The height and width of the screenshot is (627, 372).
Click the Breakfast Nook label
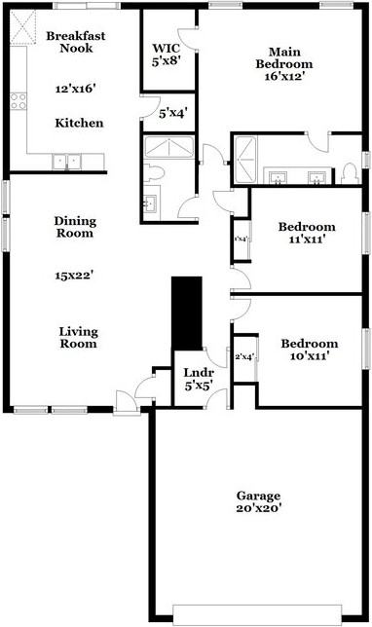(x=75, y=42)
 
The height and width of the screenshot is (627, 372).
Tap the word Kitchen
(x=79, y=124)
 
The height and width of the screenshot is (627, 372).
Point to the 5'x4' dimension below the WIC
(x=172, y=114)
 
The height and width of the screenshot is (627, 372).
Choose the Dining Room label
(x=74, y=227)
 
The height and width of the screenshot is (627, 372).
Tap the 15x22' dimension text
(x=74, y=275)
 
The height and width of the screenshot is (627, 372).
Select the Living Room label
(x=78, y=337)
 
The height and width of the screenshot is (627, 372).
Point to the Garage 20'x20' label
(x=257, y=501)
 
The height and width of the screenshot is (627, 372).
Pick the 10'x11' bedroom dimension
(x=308, y=356)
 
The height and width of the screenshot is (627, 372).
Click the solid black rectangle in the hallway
(x=185, y=312)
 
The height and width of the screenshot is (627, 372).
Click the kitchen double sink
(x=68, y=162)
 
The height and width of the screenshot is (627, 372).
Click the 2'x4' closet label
(x=243, y=356)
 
